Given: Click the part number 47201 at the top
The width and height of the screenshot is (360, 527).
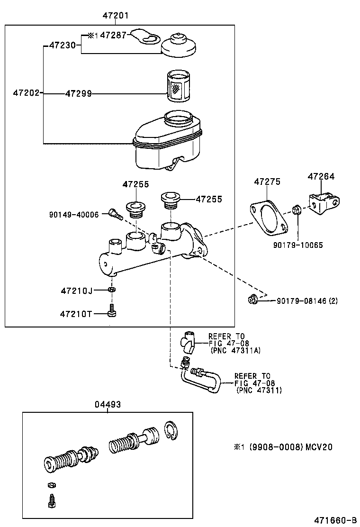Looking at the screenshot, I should coord(116,16).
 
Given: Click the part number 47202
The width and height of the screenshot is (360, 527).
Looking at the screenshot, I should coord(26,94).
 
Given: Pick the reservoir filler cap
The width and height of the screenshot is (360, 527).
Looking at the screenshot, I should coord(179,45).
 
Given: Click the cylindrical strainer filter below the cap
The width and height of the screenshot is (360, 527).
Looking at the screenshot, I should coord(179,86).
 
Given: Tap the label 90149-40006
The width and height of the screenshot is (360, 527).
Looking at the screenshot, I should coord(74,215).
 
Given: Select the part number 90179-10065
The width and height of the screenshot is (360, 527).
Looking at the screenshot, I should coord(298,245).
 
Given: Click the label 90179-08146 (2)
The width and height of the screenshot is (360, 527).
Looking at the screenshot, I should coord(307,300).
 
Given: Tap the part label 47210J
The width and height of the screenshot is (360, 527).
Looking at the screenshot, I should coord(76,290).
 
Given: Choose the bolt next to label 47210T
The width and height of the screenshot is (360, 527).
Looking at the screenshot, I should coord(112,312).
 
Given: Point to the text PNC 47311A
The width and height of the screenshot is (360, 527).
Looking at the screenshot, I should coord(235,350).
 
